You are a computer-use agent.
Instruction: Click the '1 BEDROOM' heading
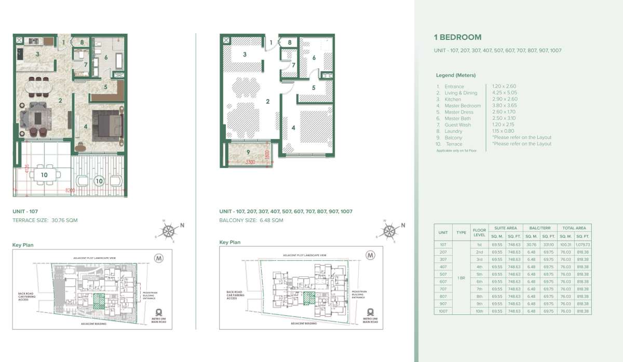[457, 37]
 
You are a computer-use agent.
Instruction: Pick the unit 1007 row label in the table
[443, 311]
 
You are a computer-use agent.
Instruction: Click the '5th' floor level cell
[478, 274]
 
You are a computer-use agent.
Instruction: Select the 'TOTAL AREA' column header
[573, 228]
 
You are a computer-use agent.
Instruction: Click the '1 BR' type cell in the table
[461, 278]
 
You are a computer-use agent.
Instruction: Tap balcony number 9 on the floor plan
[248, 152]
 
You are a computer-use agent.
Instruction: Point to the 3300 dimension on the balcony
[251, 162]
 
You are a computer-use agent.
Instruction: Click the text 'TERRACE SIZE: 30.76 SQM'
[45, 220]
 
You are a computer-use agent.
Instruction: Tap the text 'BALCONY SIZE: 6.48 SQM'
[251, 220]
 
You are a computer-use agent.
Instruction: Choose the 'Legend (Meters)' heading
[455, 75]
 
